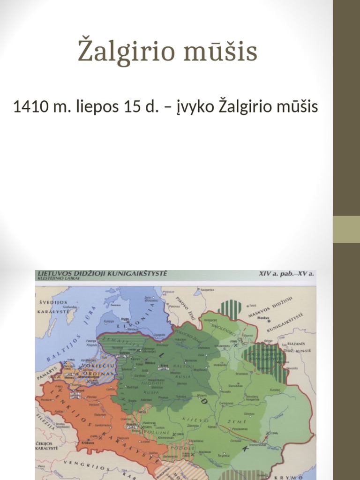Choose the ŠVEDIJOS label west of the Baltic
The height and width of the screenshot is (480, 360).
(x=52, y=302)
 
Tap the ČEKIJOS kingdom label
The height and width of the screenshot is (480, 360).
(x=46, y=442)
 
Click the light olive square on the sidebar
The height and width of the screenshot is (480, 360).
(x=346, y=229)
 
